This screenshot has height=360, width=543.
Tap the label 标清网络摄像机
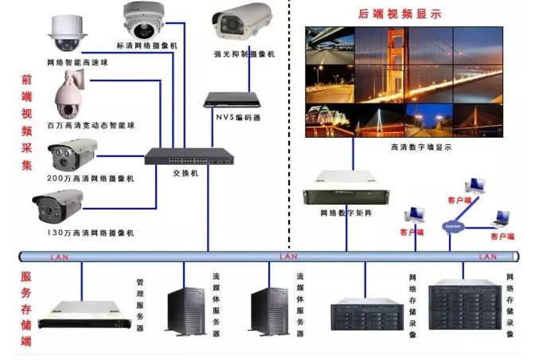click(146, 45)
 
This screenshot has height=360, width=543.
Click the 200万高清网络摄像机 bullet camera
click(72, 154)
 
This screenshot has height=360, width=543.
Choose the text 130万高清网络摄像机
click(90, 232)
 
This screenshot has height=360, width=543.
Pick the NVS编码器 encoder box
click(232, 100)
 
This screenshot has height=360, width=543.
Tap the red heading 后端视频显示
click(411, 14)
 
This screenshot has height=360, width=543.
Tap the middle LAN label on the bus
click(288, 256)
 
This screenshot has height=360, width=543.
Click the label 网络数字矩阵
click(345, 213)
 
